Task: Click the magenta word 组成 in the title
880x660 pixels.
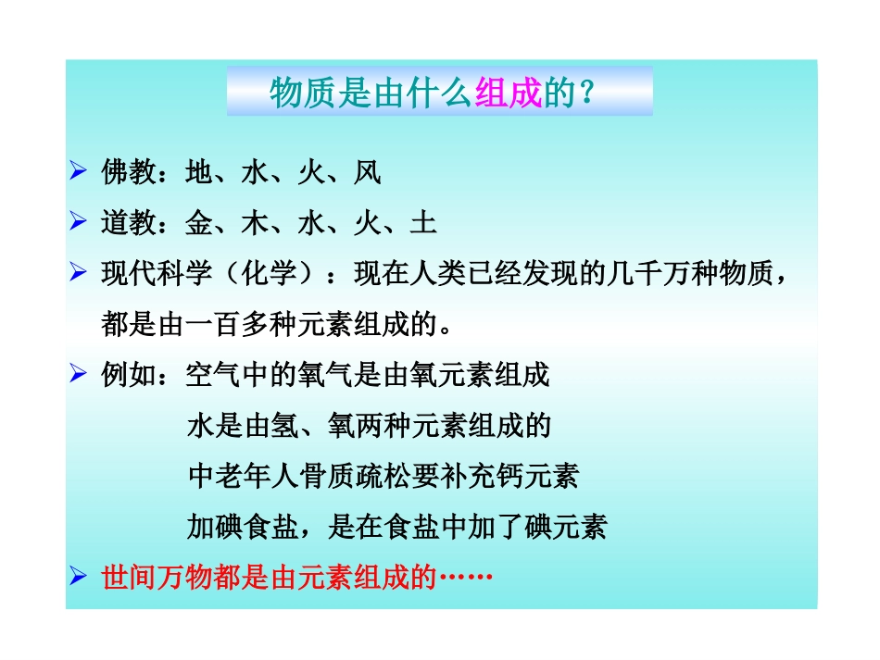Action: [507, 93]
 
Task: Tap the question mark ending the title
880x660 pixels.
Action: [585, 93]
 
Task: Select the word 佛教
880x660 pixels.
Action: [128, 173]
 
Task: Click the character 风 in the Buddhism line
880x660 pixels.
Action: [368, 173]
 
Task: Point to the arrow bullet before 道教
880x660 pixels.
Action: [79, 223]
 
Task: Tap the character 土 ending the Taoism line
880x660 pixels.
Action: [423, 224]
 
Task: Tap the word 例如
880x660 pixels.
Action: [128, 376]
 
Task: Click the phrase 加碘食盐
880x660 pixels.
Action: [243, 528]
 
